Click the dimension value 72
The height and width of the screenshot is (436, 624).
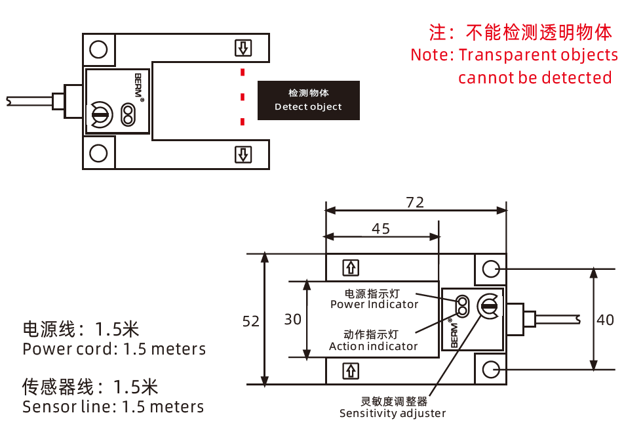coord(415,202)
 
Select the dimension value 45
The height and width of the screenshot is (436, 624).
coord(381,229)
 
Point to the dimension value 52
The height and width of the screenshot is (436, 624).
coord(250,321)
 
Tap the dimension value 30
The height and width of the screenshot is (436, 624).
coord(292,319)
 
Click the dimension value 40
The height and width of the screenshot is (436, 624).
coord(605,320)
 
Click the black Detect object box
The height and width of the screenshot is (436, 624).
coord(309,100)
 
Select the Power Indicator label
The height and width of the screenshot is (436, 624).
coord(374,305)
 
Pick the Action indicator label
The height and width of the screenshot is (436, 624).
coord(374,346)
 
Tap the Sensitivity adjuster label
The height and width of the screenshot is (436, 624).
coord(393,413)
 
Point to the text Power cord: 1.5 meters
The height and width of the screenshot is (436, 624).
coord(114,349)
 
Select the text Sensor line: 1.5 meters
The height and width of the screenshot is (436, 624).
coord(113,407)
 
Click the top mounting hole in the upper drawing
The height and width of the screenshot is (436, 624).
coord(98,49)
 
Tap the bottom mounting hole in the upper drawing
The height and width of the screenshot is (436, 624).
coord(98,153)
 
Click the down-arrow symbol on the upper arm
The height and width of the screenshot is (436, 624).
coord(243,48)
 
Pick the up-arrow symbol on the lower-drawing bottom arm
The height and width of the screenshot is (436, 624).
coord(351,371)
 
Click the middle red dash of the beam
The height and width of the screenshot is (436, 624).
coord(243,97)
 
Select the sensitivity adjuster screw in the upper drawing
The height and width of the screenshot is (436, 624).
coord(100,115)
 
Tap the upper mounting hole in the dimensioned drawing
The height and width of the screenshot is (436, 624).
coord(490,269)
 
